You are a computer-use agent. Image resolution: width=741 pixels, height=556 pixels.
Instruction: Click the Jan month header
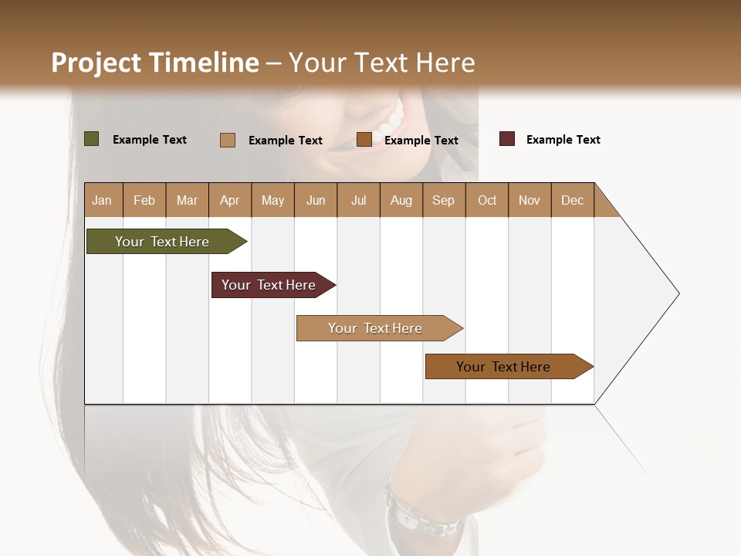click(102, 201)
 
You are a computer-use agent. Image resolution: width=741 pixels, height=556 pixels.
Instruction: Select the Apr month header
click(229, 201)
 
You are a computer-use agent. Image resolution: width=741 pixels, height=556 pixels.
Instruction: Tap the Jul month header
click(358, 201)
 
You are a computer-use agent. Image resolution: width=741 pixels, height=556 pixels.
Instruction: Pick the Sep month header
click(443, 201)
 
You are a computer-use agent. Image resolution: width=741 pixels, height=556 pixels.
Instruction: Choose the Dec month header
click(572, 201)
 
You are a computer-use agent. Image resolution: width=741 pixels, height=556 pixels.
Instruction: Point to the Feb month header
click(144, 201)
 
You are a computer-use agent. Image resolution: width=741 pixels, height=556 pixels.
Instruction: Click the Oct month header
click(486, 201)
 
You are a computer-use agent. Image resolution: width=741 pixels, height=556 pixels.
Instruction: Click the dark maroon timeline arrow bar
click(271, 285)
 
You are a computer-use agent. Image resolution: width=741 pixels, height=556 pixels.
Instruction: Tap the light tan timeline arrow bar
click(377, 328)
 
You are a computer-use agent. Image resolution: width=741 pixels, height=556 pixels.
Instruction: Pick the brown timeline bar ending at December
click(506, 367)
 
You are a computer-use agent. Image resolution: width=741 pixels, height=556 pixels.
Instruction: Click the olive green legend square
click(91, 139)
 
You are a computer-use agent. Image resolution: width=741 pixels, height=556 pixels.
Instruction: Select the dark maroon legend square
click(506, 139)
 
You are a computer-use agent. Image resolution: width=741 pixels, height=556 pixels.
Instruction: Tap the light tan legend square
click(227, 140)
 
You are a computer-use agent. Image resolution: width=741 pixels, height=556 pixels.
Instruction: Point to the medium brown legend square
click(364, 139)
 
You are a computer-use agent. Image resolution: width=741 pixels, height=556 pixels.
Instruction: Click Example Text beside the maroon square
click(563, 140)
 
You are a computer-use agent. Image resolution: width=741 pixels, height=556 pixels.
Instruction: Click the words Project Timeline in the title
click(154, 63)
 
